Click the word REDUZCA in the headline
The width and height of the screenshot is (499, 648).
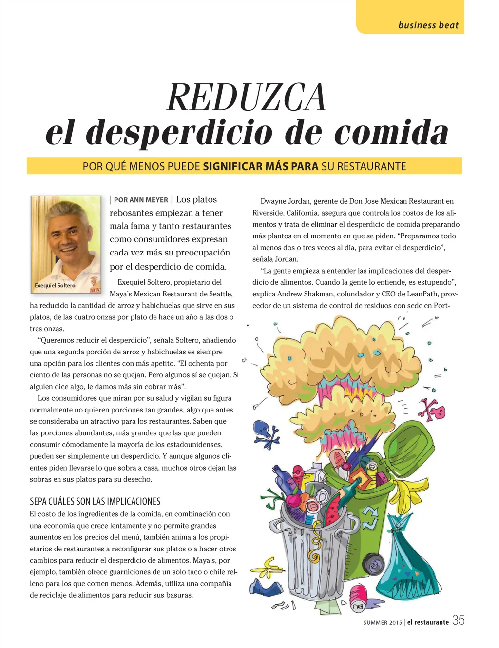(x=246, y=98)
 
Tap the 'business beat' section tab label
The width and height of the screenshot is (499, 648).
(x=428, y=25)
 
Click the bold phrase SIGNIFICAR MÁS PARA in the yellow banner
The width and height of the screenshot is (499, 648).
(x=260, y=166)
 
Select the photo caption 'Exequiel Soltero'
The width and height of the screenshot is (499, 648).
(x=55, y=285)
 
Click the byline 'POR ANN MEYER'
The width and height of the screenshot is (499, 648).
(x=141, y=200)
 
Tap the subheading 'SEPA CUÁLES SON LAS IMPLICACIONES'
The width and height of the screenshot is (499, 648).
(x=95, y=501)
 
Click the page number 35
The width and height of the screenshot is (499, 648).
(x=458, y=620)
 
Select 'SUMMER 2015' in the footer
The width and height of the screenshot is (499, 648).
(x=383, y=622)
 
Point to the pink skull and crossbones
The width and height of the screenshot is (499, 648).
(x=432, y=410)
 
